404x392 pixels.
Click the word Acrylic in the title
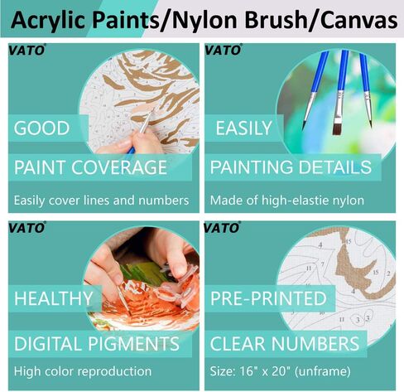(x=48, y=21)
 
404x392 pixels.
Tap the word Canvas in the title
(x=359, y=20)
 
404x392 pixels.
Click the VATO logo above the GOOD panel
(x=26, y=50)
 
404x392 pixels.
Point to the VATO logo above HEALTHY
(x=26, y=228)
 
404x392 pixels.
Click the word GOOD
(x=41, y=128)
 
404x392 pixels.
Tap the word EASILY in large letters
(x=243, y=128)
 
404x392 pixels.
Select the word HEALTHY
(x=54, y=298)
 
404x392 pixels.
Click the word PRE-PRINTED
(x=268, y=298)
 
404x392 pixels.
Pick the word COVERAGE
(x=119, y=167)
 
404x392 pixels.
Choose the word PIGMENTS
(x=134, y=344)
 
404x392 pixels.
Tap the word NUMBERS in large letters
(x=315, y=344)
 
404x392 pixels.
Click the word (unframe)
(x=322, y=371)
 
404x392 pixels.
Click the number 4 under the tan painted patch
(x=353, y=291)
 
